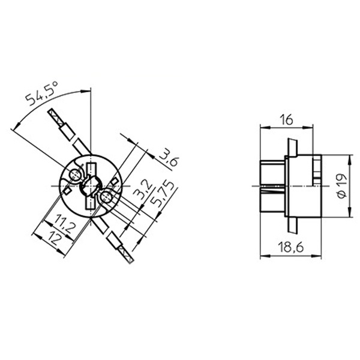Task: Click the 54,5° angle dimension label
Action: click(41, 94)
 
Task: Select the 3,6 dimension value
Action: click(169, 158)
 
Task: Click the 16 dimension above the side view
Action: click(286, 120)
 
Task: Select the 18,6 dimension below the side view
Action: click(290, 247)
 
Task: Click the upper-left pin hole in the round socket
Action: click(75, 175)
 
